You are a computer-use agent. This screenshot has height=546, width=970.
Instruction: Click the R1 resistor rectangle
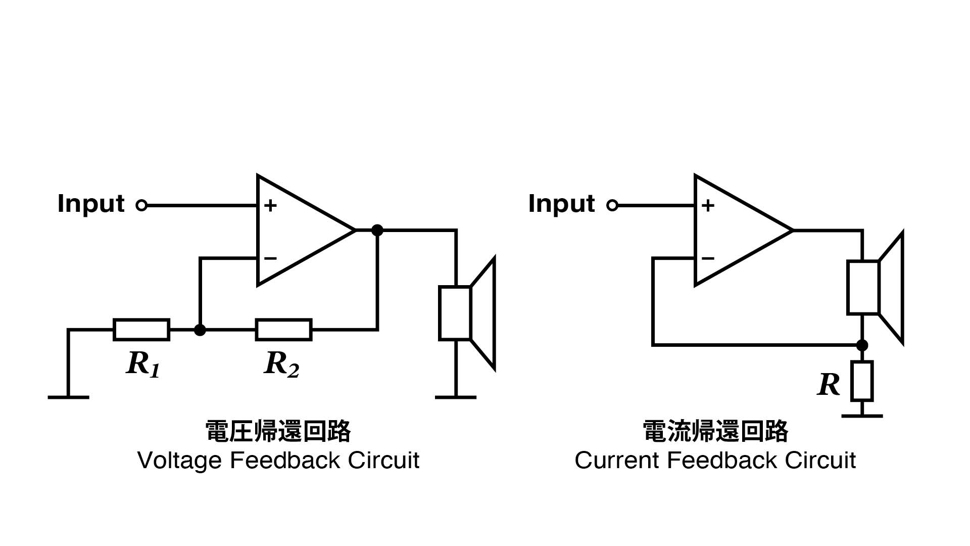[141, 330]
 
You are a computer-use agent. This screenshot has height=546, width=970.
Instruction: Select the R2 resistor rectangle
[283, 330]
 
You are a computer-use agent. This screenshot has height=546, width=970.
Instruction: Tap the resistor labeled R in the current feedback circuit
[862, 381]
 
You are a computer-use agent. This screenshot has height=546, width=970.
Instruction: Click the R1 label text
[143, 364]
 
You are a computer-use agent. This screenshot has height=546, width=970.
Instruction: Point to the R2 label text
[281, 364]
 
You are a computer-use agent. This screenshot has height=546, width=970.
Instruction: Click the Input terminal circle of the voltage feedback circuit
[141, 205]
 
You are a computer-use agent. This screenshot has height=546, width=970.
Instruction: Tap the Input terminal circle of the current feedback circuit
[612, 205]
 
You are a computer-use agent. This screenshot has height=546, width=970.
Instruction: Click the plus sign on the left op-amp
[270, 205]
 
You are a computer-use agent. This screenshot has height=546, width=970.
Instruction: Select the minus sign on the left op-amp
[270, 258]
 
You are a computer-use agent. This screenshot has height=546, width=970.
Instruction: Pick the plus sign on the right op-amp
[708, 205]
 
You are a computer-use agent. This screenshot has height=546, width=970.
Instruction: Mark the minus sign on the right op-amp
[708, 258]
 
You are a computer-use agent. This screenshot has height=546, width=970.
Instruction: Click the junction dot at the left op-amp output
[377, 230]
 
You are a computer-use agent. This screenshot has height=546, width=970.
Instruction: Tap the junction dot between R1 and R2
[200, 330]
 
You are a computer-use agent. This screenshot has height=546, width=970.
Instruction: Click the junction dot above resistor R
[862, 345]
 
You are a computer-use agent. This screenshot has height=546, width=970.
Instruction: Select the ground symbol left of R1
[68, 397]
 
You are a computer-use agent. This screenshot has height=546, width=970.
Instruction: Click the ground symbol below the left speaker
[456, 397]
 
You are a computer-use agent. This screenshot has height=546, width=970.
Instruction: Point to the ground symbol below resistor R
[862, 416]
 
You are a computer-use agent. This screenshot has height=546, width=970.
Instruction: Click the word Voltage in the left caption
[179, 461]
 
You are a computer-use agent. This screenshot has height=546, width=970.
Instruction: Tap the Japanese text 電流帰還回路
[715, 431]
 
